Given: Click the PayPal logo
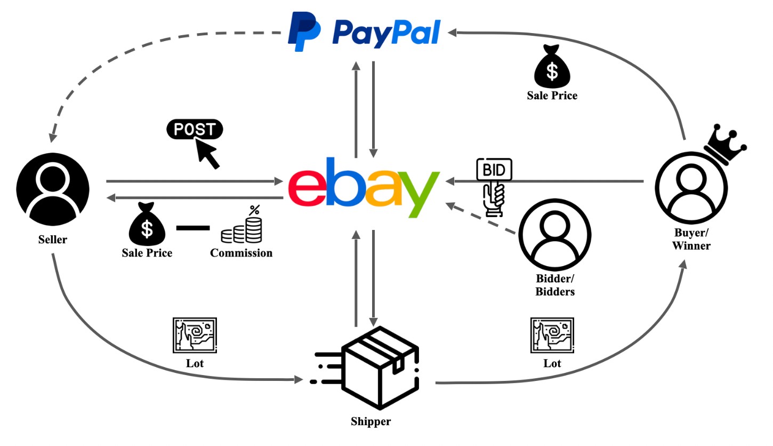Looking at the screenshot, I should [365, 32].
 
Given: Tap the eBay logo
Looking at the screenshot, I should [365, 187].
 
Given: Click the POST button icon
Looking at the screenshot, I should [195, 130].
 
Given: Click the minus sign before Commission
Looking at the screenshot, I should [193, 228].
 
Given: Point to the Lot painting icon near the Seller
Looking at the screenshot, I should [195, 335].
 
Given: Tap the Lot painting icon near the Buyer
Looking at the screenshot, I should [552, 335].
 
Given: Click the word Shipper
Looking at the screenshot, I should [371, 422].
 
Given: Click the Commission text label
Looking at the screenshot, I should [241, 253].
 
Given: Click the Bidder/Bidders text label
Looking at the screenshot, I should [555, 285].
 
